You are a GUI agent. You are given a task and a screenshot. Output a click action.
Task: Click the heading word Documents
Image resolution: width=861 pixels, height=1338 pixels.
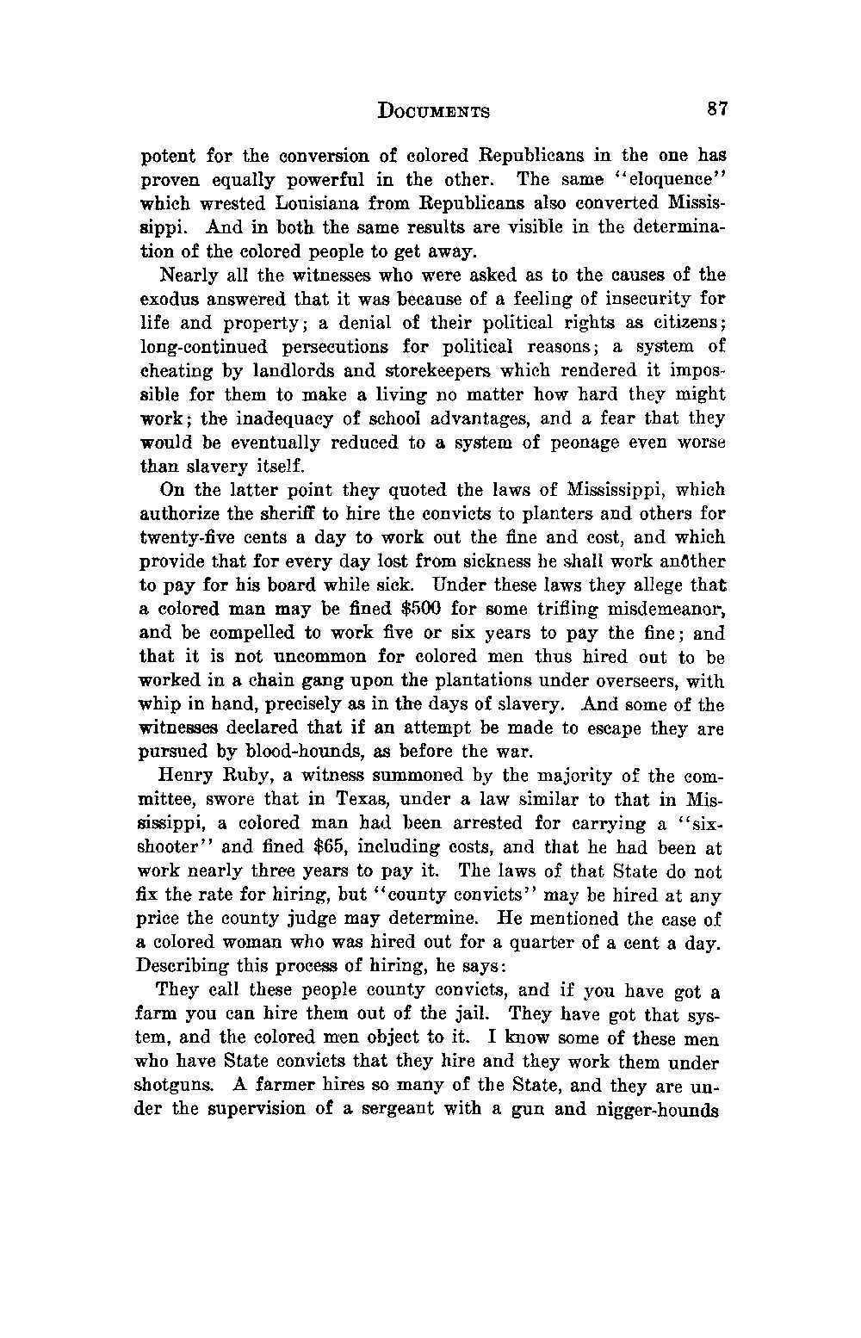point(434,111)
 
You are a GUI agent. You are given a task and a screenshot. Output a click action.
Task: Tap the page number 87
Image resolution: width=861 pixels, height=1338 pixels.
point(717,109)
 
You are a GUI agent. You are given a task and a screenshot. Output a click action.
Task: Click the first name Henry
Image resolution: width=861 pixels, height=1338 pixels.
point(187,775)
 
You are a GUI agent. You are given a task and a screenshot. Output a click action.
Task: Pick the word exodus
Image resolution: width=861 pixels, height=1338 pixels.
point(167,300)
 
